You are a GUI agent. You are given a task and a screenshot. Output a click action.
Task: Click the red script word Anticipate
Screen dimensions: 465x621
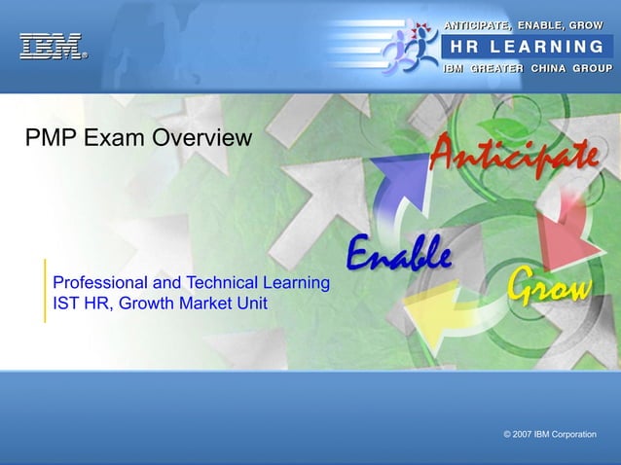click(513, 155)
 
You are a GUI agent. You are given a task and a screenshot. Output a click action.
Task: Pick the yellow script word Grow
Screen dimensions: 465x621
click(549, 286)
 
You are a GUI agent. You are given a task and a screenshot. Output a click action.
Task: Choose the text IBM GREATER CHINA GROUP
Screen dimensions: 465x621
click(527, 68)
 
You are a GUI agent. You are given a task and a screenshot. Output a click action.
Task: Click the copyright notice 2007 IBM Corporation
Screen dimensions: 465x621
click(550, 434)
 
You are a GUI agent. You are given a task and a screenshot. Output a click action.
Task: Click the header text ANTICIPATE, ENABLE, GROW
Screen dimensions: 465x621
click(524, 23)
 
